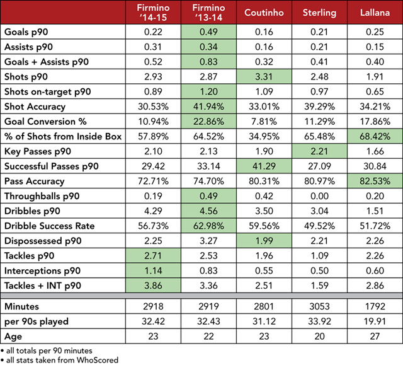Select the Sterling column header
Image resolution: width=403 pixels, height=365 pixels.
pos(319,13)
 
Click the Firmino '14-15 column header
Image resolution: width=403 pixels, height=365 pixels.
pos(151,13)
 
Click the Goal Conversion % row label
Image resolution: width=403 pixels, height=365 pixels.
pos(45,120)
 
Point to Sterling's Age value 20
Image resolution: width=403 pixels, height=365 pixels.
pos(319,335)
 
